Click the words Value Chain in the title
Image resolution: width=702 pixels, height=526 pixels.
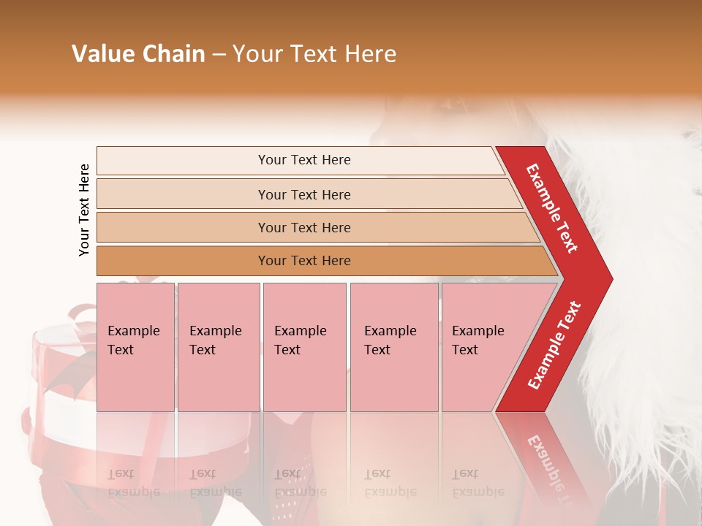click(x=138, y=54)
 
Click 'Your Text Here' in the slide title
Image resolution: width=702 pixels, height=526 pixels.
click(x=314, y=54)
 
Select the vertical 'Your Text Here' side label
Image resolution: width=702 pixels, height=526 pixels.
click(x=84, y=210)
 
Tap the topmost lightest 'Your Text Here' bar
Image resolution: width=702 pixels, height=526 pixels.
click(x=303, y=160)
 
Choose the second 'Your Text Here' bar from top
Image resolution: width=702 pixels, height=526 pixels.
click(x=303, y=194)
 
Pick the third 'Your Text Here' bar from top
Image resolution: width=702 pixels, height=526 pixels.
click(x=303, y=227)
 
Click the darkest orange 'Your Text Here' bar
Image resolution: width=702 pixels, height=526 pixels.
click(x=303, y=261)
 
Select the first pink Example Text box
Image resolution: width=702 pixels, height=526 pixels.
click(x=135, y=346)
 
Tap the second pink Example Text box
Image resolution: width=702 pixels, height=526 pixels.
click(x=218, y=346)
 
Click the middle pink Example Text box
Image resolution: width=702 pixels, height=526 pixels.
click(x=304, y=346)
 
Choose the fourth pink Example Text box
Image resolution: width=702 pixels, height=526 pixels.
click(x=393, y=346)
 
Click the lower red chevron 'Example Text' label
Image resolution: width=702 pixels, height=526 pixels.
click(x=554, y=345)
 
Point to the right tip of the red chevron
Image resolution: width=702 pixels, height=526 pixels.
click(x=611, y=279)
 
